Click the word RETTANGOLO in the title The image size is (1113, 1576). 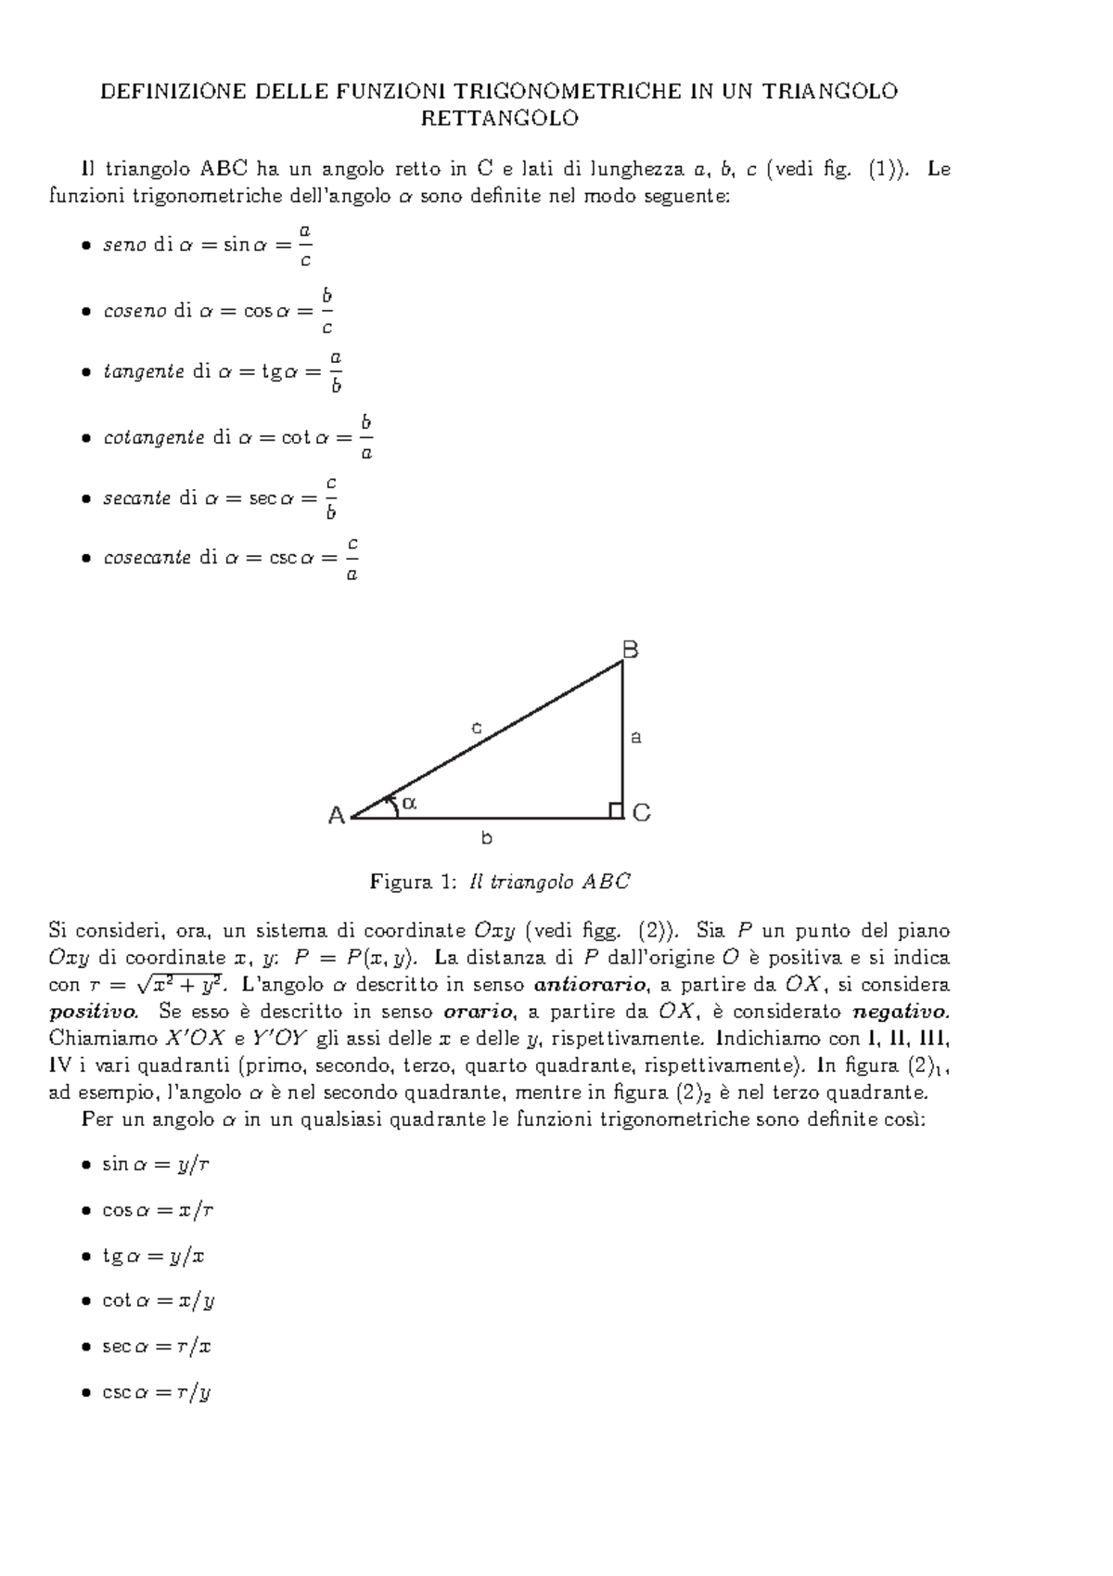click(499, 119)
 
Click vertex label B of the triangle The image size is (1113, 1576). click(630, 650)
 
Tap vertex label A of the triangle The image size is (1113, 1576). click(337, 816)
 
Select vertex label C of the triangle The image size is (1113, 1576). click(641, 813)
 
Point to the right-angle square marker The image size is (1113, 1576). click(615, 811)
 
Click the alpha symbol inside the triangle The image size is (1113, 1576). click(409, 803)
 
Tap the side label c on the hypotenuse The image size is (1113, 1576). click(477, 728)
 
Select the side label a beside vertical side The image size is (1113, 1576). click(636, 738)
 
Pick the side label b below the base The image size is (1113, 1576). click(486, 838)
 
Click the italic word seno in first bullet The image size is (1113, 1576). click(124, 246)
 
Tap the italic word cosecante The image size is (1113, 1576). click(147, 558)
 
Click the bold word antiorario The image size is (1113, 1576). click(591, 984)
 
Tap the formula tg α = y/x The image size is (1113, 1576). click(153, 1256)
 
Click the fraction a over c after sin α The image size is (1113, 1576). click(305, 245)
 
